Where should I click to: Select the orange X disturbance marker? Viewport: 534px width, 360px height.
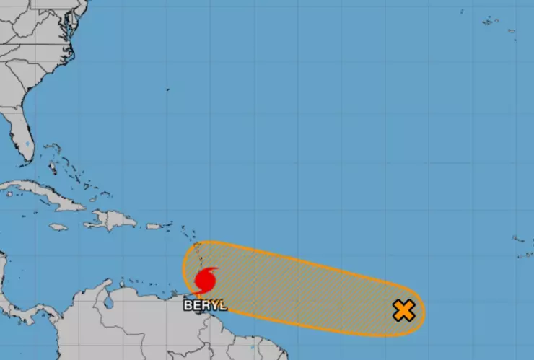tap(403, 311)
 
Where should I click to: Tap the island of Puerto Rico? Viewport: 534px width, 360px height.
tap(154, 226)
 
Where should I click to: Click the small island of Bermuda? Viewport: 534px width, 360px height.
tap(167, 89)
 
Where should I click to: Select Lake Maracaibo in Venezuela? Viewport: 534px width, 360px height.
tap(108, 303)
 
